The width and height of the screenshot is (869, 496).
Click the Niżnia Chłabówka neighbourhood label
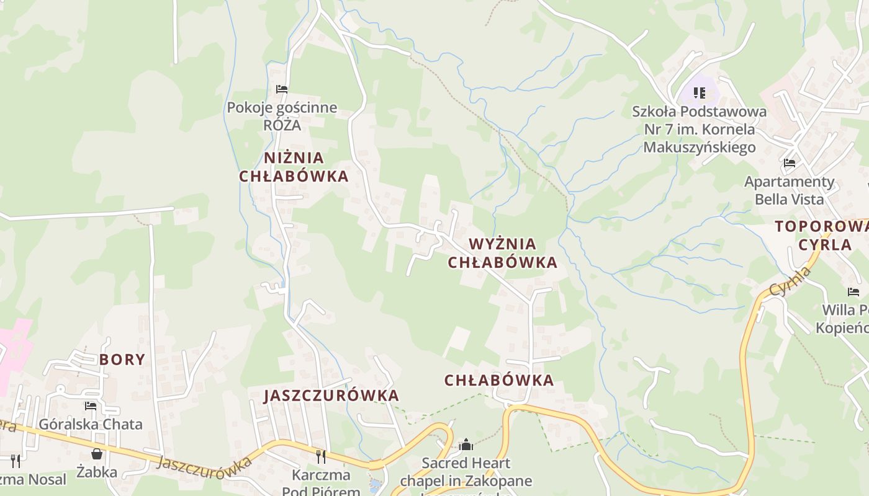pyautogui.click(x=294, y=167)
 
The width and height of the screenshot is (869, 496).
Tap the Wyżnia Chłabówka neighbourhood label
pyautogui.click(x=503, y=253)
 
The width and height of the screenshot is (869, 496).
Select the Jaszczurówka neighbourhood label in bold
pyautogui.click(x=331, y=396)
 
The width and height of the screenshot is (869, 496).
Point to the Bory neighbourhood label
pyautogui.click(x=122, y=360)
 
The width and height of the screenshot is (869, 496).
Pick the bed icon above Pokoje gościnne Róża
pyautogui.click(x=282, y=89)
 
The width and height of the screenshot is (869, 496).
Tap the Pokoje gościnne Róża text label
pyautogui.click(x=282, y=116)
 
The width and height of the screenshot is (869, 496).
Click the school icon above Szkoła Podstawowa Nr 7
pyautogui.click(x=700, y=93)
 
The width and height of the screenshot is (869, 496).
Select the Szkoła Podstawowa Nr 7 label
pyautogui.click(x=700, y=130)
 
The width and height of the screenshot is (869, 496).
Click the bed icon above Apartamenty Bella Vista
pyautogui.click(x=790, y=163)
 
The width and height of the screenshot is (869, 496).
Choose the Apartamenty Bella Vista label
pyautogui.click(x=790, y=190)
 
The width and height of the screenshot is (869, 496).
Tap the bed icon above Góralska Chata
pyautogui.click(x=91, y=406)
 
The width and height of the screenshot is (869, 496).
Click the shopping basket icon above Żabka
pyautogui.click(x=97, y=454)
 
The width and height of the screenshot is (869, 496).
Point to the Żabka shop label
pyautogui.click(x=97, y=472)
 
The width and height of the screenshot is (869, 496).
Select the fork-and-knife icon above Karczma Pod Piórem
pyautogui.click(x=321, y=457)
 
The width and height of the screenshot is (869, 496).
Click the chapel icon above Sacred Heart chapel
pyautogui.click(x=466, y=445)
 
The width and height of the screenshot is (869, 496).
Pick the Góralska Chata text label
pyautogui.click(x=91, y=425)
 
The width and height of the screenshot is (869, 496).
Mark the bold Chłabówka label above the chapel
pyautogui.click(x=499, y=381)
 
